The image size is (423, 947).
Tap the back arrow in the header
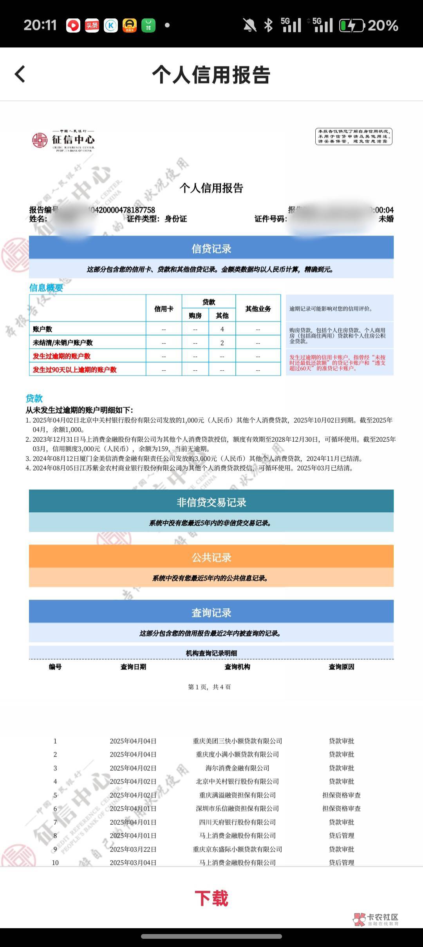click(20, 74)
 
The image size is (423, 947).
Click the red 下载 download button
click(211, 898)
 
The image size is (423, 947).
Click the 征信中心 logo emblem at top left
click(40, 140)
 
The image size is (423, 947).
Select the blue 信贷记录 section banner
click(211, 248)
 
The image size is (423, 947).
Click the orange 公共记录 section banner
click(211, 557)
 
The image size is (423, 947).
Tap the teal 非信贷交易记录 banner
click(211, 502)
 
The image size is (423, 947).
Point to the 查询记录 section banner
click(211, 612)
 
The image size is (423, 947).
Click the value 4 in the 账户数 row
click(222, 329)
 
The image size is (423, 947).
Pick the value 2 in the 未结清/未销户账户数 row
click(222, 343)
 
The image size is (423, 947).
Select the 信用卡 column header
click(164, 309)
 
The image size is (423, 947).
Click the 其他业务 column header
click(258, 309)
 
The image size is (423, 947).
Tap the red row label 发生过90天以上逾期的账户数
click(75, 370)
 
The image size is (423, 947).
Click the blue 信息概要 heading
click(46, 288)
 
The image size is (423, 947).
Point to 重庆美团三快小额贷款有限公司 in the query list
click(237, 741)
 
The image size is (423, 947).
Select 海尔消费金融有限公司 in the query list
click(237, 768)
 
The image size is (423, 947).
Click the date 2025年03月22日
click(133, 849)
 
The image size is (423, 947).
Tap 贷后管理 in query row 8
click(342, 835)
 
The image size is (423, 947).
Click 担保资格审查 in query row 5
click(342, 795)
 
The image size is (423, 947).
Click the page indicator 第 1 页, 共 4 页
click(210, 687)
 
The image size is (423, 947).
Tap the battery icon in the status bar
click(352, 26)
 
